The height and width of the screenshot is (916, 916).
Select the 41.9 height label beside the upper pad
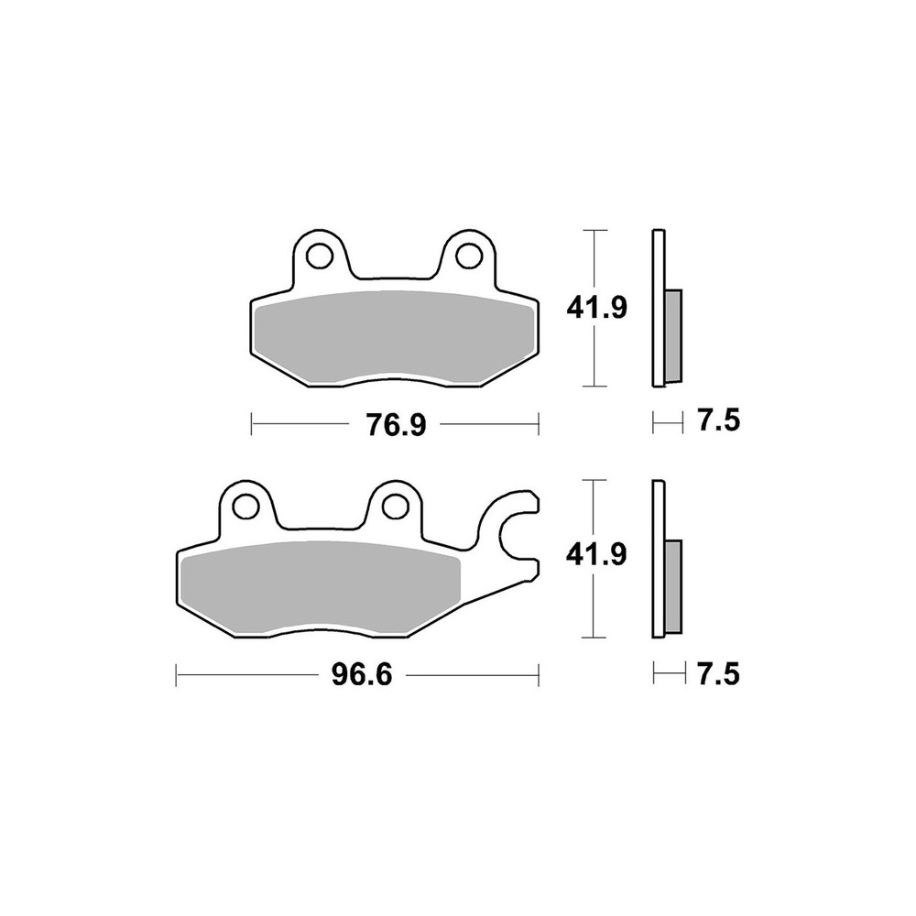[x=596, y=308]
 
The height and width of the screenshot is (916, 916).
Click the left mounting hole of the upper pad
[x=319, y=253]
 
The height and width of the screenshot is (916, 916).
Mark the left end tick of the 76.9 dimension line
[x=252, y=424]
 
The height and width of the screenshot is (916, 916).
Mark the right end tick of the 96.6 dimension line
[x=539, y=676]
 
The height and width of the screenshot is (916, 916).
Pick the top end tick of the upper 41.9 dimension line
[x=596, y=229]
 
